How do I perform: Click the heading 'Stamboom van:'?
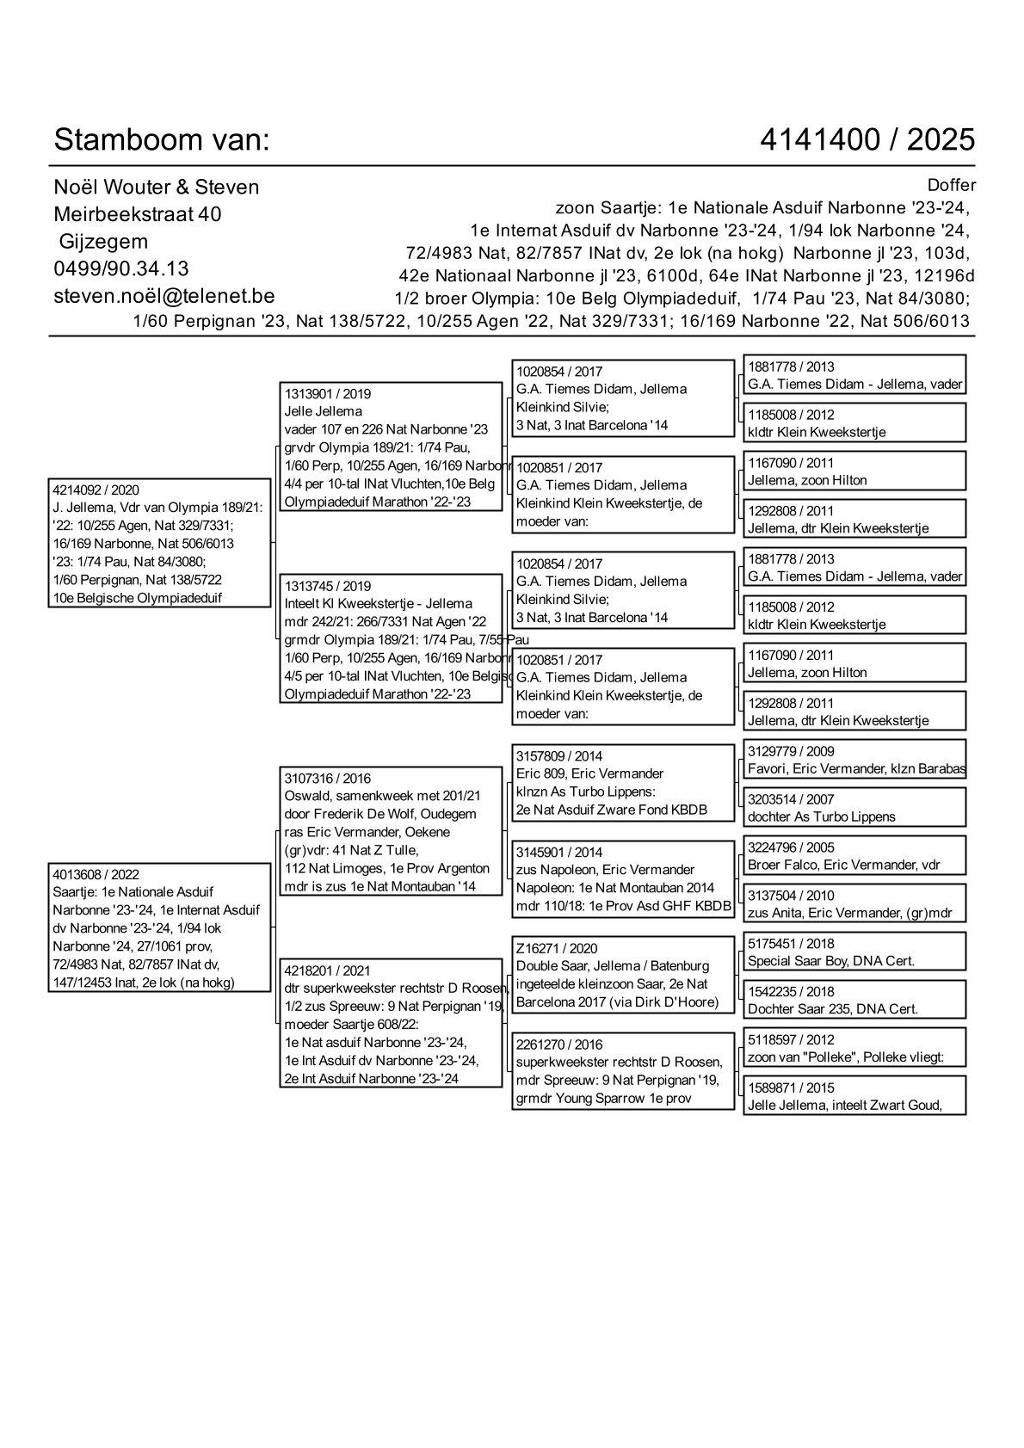[x=162, y=139]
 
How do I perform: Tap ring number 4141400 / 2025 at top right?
[x=867, y=139]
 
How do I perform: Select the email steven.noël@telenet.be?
[x=164, y=296]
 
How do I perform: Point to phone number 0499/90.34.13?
[x=121, y=268]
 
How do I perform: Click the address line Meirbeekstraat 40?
[x=138, y=214]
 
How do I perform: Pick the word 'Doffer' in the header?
[x=952, y=185]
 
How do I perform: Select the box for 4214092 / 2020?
[x=160, y=543]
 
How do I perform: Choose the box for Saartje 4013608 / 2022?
[x=160, y=928]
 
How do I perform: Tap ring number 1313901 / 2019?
[x=328, y=394]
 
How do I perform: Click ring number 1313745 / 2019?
[x=328, y=587]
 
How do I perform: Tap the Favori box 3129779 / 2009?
[x=854, y=760]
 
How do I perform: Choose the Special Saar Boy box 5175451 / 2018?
[x=854, y=952]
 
